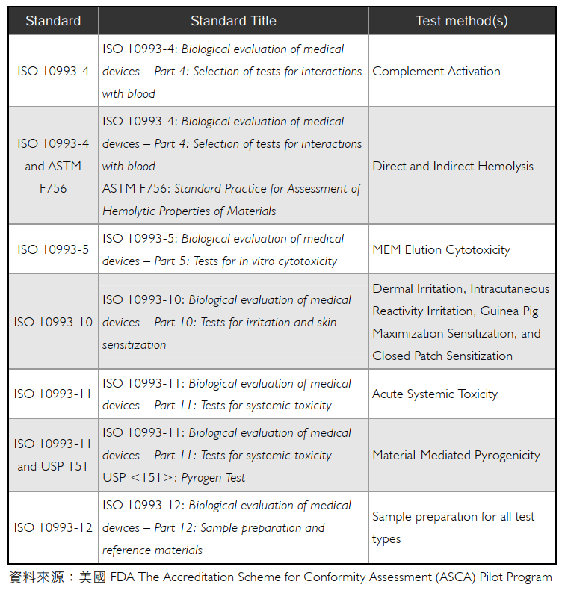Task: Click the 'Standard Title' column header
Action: click(x=233, y=21)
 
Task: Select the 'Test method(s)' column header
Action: click(x=462, y=21)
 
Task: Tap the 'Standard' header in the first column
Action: click(x=53, y=21)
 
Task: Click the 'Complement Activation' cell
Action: click(x=436, y=72)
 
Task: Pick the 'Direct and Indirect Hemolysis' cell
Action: click(x=453, y=166)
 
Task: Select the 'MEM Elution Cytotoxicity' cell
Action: click(x=441, y=250)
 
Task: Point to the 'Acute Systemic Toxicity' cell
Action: click(x=435, y=394)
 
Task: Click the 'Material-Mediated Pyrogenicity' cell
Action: click(x=456, y=455)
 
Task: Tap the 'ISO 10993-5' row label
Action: click(x=53, y=249)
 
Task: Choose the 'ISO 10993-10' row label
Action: click(x=53, y=322)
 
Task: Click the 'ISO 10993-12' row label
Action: click(x=53, y=527)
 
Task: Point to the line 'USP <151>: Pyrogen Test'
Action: click(x=174, y=478)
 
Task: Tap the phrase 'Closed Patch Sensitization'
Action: click(x=442, y=356)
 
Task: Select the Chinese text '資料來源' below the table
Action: click(x=32, y=577)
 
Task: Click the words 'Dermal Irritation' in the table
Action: click(x=418, y=289)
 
